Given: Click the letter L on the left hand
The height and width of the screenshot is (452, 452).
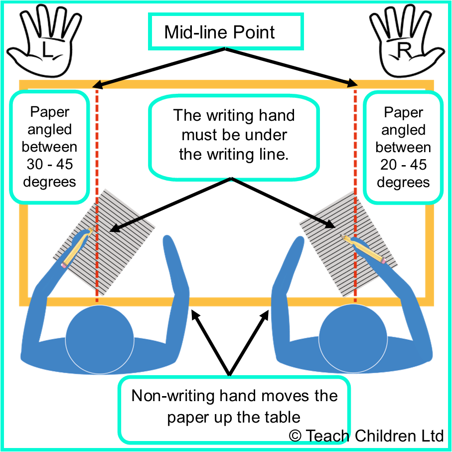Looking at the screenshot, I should pyautogui.click(x=46, y=49).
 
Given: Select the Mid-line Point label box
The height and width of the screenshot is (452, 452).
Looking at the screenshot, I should pyautogui.click(x=226, y=32).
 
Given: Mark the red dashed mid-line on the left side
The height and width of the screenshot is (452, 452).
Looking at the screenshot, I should pyautogui.click(x=96, y=150).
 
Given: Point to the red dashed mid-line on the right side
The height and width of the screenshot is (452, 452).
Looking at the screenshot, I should pyautogui.click(x=355, y=150).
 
